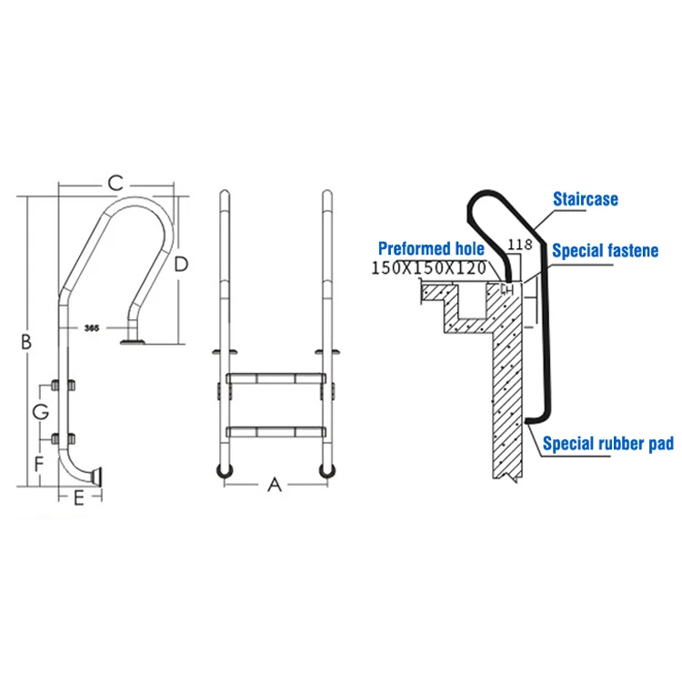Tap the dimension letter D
[181, 264]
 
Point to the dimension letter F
[39, 464]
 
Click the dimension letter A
[275, 486]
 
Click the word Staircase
[586, 198]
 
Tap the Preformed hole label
[431, 248]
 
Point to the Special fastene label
[605, 250]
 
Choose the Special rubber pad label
[608, 444]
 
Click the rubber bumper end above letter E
[98, 476]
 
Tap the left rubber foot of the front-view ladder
[224, 469]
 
